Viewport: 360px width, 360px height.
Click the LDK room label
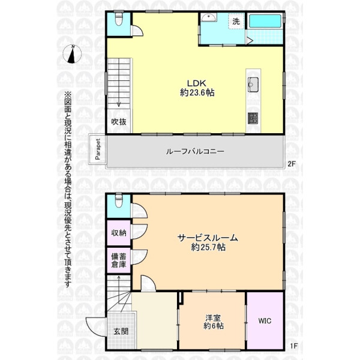(197, 88)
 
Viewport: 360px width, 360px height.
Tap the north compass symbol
(72, 54)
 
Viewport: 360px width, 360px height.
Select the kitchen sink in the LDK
(253, 85)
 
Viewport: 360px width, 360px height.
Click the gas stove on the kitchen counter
(253, 118)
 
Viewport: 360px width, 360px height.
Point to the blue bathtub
(265, 21)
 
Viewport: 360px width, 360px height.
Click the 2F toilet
(119, 19)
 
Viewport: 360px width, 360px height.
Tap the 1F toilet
(119, 201)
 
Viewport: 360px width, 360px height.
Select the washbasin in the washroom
(209, 17)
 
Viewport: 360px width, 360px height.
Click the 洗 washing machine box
(236, 21)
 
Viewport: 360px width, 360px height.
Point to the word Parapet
(98, 149)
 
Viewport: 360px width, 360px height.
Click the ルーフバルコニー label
(195, 152)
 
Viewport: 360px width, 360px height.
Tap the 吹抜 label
(119, 122)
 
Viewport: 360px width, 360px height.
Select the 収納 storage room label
(119, 233)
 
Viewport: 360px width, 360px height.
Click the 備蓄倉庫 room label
(119, 260)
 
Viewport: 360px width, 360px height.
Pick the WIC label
(265, 321)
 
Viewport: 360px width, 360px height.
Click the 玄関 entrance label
(121, 331)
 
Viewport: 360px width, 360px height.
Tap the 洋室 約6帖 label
(213, 322)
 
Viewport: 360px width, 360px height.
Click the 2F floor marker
(292, 164)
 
